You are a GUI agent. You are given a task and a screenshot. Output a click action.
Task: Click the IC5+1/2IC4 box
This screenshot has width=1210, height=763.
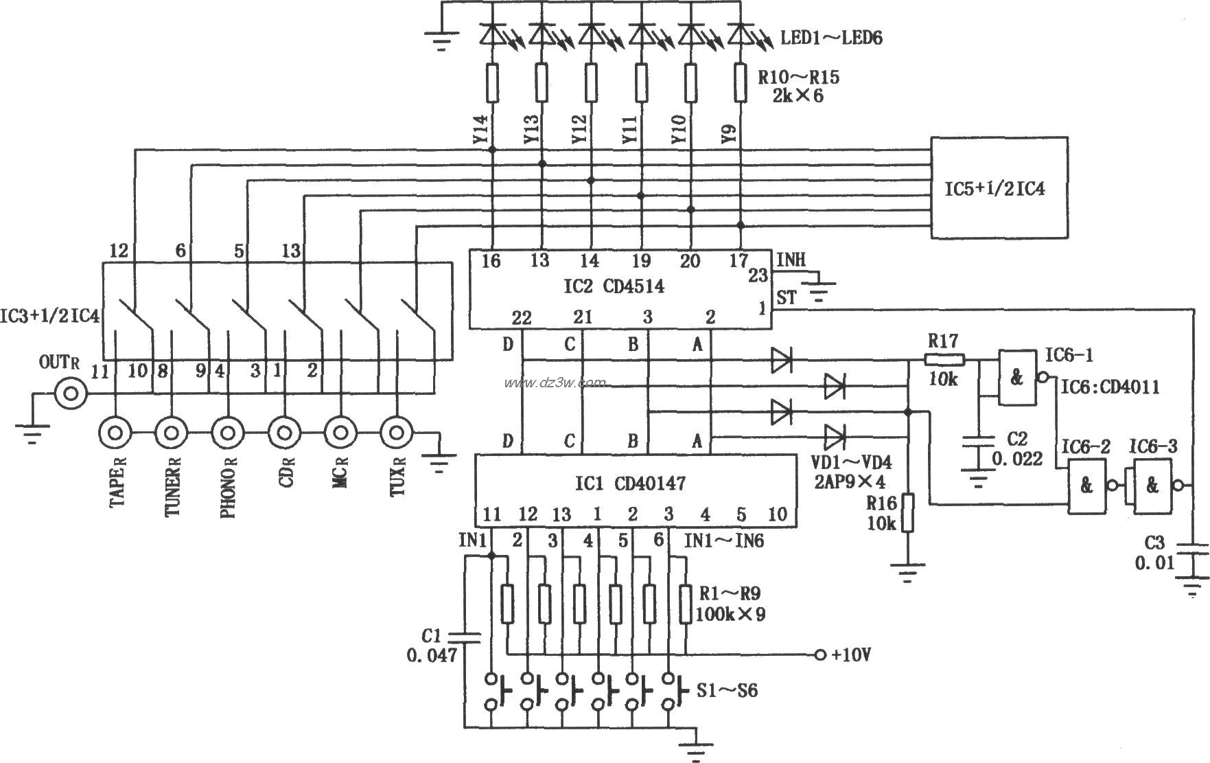coord(999,188)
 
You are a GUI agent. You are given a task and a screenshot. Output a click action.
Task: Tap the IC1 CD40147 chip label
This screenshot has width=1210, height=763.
coord(629,484)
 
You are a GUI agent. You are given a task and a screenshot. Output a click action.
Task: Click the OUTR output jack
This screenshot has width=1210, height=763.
coord(71,394)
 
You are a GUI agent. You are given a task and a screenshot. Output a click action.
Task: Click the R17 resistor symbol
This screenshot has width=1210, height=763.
coord(944,358)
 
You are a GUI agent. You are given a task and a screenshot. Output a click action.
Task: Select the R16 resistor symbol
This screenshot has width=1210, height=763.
coord(907,512)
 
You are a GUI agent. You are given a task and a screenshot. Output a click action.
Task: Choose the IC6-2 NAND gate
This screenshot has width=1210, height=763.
coord(1086,486)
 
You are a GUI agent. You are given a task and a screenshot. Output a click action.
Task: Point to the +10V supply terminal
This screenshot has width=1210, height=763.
coord(818,654)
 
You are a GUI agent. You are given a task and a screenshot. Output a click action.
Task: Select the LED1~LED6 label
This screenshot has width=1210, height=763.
coord(831,37)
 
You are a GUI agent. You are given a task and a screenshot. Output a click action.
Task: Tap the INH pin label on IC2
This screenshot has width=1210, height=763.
coord(791,260)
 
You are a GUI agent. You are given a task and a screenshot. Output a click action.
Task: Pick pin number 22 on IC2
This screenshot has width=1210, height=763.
coord(522,317)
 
